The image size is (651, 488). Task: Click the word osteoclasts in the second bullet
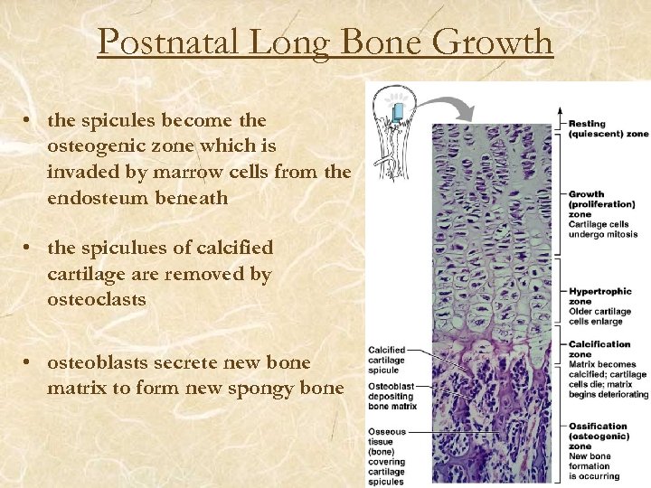(96, 298)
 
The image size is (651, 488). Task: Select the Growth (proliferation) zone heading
(597, 205)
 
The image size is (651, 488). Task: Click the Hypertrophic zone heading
(599, 296)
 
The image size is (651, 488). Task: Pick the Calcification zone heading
(599, 349)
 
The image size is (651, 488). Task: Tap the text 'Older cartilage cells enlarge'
(599, 316)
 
